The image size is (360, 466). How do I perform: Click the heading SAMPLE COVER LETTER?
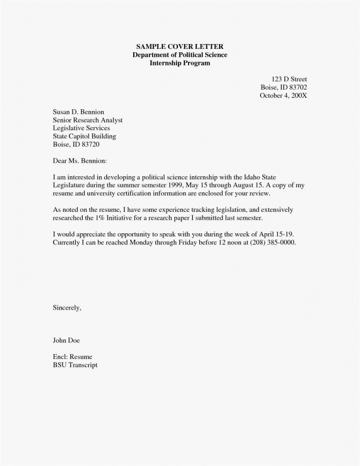[x=179, y=47]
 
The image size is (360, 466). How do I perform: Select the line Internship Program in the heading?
[x=179, y=63]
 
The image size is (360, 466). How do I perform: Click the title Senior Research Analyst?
[x=88, y=120]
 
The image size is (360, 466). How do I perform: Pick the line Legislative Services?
[x=81, y=128]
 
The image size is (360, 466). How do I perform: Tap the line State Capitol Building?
[x=84, y=136]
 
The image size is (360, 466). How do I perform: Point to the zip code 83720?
[x=89, y=144]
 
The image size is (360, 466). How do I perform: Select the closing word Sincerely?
[x=67, y=307]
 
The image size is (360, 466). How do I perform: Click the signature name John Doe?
[x=66, y=340]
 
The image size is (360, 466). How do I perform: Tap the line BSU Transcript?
[x=75, y=364]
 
